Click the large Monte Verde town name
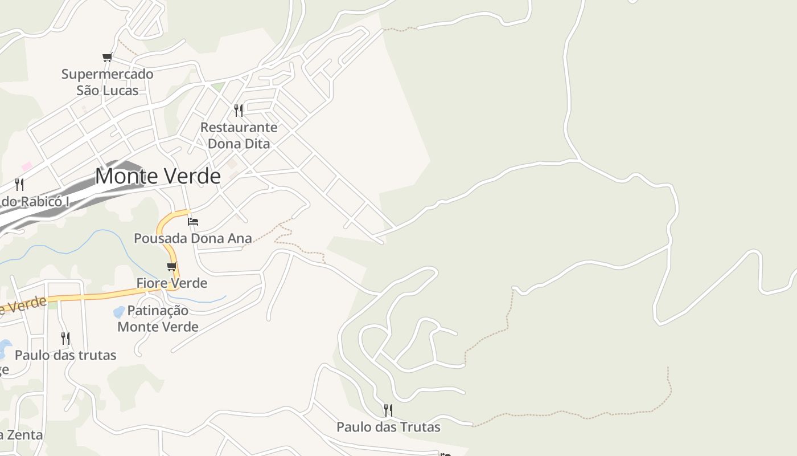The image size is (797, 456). coord(158,176)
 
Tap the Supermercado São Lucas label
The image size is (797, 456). coord(107,82)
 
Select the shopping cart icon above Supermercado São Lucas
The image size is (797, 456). coord(107,57)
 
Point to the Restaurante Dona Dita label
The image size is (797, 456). coord(239,135)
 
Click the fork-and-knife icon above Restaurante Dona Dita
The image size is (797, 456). coord(239,110)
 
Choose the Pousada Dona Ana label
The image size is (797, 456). coord(192,238)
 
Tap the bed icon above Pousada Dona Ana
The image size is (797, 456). coord(193,221)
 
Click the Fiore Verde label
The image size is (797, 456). coord(171,283)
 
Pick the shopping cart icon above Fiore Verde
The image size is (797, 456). coord(172,266)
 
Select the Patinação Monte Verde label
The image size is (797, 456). coord(158,319)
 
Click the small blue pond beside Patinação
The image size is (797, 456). coord(119,312)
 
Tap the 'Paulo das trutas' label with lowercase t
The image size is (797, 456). coord(65,355)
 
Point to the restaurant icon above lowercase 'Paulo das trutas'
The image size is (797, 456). coord(65,339)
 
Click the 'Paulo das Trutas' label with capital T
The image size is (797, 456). coord(388,426)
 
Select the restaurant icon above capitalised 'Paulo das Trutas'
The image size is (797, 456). coord(388,410)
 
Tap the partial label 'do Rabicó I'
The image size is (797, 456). coord(35,201)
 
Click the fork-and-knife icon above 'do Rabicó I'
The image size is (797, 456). coord(19,184)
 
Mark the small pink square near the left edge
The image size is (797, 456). coord(27,166)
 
